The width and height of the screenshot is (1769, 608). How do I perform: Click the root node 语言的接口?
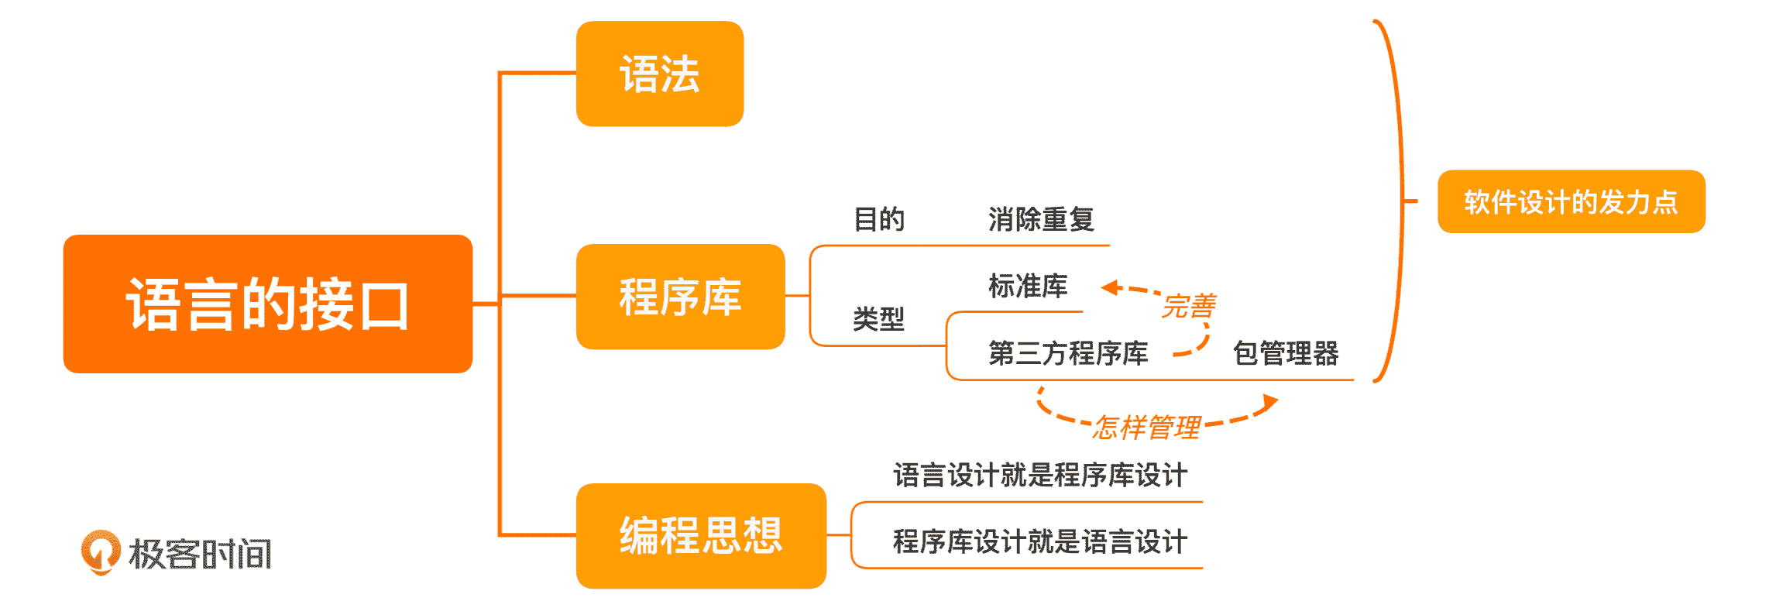point(267,304)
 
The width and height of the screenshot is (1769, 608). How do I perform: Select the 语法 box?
point(659,74)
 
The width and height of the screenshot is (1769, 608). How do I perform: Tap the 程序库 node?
point(680,297)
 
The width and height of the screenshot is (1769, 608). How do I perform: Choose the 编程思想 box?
point(700,535)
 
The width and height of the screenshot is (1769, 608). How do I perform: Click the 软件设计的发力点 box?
point(1571,201)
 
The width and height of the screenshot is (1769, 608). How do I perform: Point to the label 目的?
point(878,219)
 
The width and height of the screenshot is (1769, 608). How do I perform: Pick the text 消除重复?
point(1040,219)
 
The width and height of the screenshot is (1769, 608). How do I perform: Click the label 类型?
point(878,318)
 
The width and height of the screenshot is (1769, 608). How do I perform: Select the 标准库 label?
point(1028,286)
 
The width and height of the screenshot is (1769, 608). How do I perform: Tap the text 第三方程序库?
point(1067,353)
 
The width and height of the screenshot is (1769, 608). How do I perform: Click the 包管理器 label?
point(1285,353)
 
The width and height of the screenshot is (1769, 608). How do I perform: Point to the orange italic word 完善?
point(1188,307)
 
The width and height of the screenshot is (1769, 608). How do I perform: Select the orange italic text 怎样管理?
point(1146,427)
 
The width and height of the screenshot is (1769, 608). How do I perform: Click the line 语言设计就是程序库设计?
point(1039,475)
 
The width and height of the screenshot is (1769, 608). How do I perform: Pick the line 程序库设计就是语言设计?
point(1039,541)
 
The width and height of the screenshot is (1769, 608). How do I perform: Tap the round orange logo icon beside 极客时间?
point(101,551)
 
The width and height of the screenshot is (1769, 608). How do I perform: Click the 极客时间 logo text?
point(200,554)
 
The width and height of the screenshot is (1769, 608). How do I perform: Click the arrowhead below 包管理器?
point(1269,402)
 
